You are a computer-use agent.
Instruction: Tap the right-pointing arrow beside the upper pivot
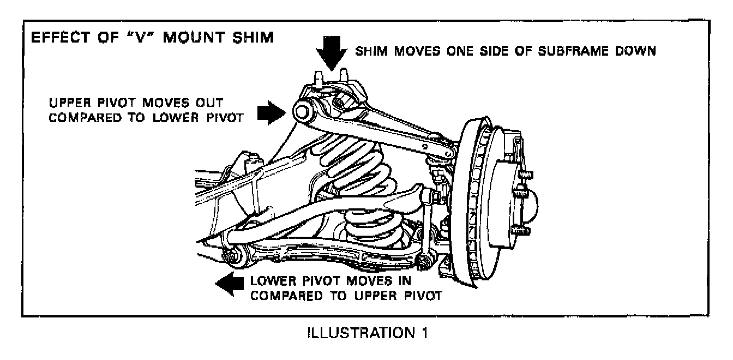273,112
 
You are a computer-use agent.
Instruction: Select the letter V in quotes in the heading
128,39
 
